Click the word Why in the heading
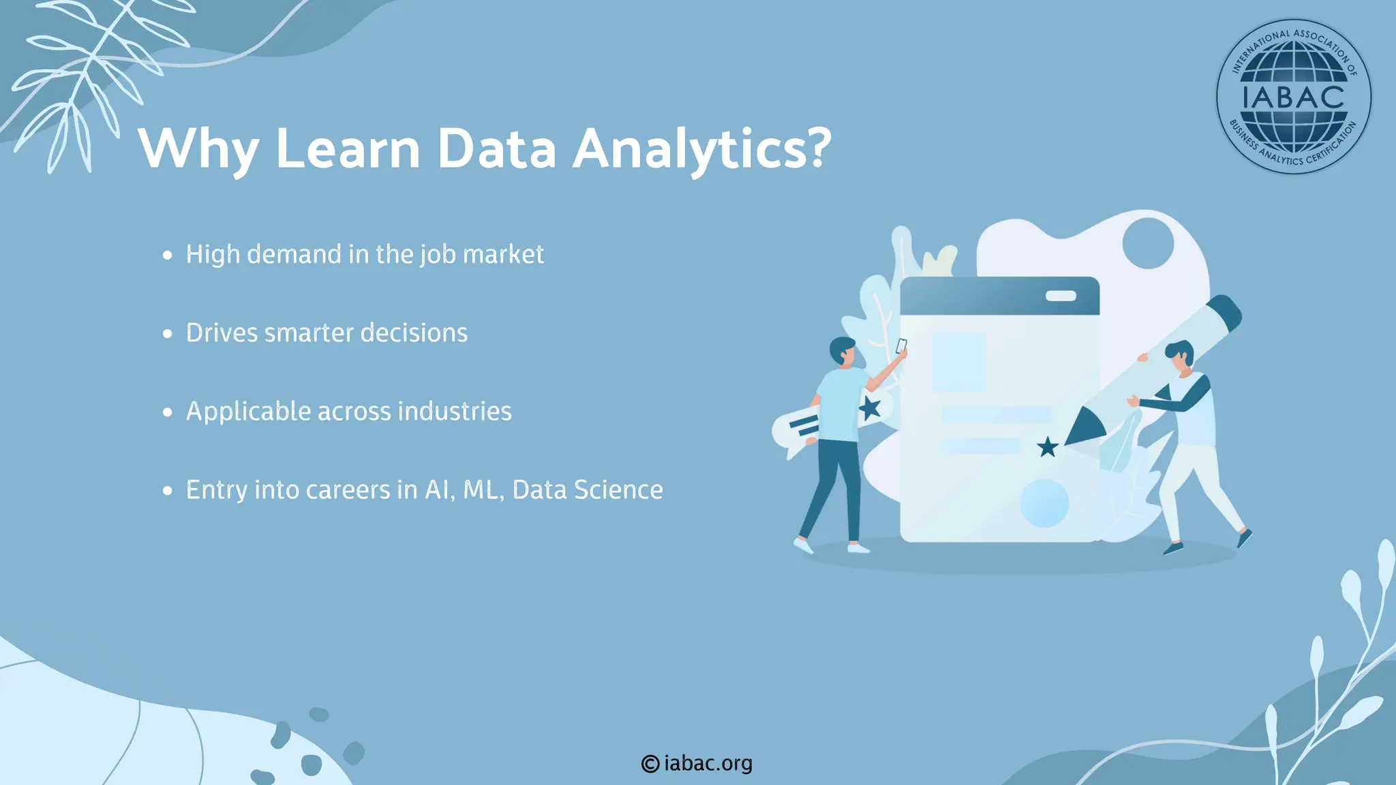pyautogui.click(x=198, y=149)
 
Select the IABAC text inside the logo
pyautogui.click(x=1293, y=97)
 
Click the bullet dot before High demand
pyautogui.click(x=168, y=256)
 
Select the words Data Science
pyautogui.click(x=587, y=490)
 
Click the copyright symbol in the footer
pyautogui.click(x=650, y=764)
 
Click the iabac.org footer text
pyautogui.click(x=708, y=764)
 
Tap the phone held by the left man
pyautogui.click(x=901, y=345)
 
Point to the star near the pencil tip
pyautogui.click(x=1047, y=448)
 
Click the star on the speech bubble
pyautogui.click(x=869, y=409)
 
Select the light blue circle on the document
pyautogui.click(x=1044, y=503)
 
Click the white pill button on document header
pyautogui.click(x=1061, y=296)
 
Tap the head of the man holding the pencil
pyautogui.click(x=1180, y=356)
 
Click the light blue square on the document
pyautogui.click(x=958, y=362)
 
